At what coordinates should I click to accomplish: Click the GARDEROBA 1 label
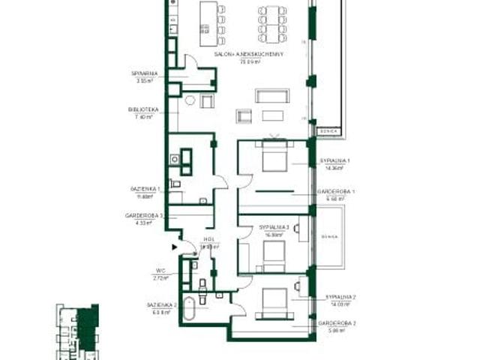[337, 191]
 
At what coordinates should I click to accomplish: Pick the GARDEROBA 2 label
[337, 323]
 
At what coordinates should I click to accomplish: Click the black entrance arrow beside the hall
[175, 245]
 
